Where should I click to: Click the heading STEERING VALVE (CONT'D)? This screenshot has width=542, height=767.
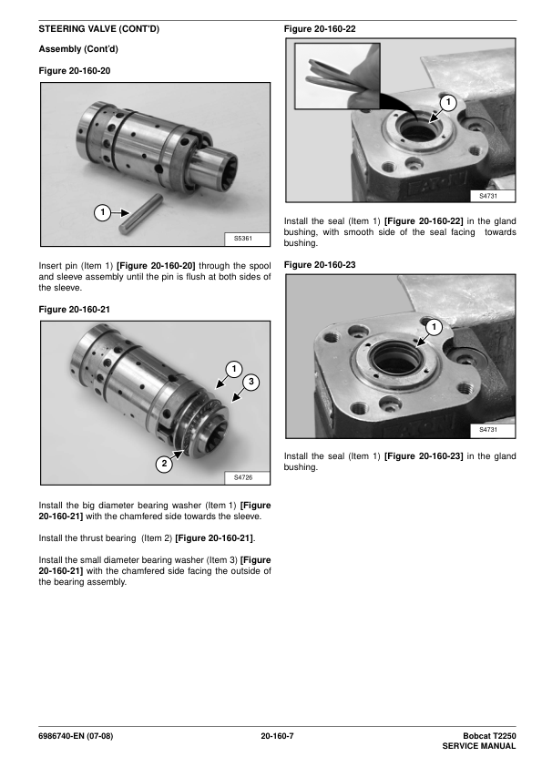coord(98,29)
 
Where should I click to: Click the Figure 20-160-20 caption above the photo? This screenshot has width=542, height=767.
coord(75,71)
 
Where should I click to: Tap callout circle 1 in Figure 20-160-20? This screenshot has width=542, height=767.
coord(102,212)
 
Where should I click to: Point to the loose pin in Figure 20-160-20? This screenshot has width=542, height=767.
coord(141,213)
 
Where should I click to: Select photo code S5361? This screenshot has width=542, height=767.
coord(243,239)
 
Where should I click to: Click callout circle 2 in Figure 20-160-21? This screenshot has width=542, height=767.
coord(164,464)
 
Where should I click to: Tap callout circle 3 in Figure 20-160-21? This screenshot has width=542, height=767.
coord(251,382)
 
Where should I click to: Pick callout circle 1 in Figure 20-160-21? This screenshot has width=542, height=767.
coord(234,369)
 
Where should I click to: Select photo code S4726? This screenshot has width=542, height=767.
coord(243,477)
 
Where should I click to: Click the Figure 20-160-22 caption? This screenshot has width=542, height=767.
coord(320,29)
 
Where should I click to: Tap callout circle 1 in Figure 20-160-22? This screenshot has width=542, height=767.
coord(448,103)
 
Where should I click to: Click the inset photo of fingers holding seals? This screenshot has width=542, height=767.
coord(337,76)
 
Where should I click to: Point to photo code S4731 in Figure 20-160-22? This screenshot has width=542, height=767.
coord(488,196)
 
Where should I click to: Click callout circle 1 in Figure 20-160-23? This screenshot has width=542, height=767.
coord(434,327)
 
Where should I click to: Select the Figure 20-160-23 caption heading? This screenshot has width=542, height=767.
coord(320,265)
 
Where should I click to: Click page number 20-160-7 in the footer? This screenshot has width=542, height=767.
coord(277,736)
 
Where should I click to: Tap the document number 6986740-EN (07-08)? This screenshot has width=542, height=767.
coord(76,736)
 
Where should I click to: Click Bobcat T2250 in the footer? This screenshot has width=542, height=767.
coord(489,736)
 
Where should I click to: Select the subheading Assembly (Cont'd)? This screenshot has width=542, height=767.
coord(78,49)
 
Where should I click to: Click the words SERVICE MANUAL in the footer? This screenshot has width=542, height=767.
coord(479,746)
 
